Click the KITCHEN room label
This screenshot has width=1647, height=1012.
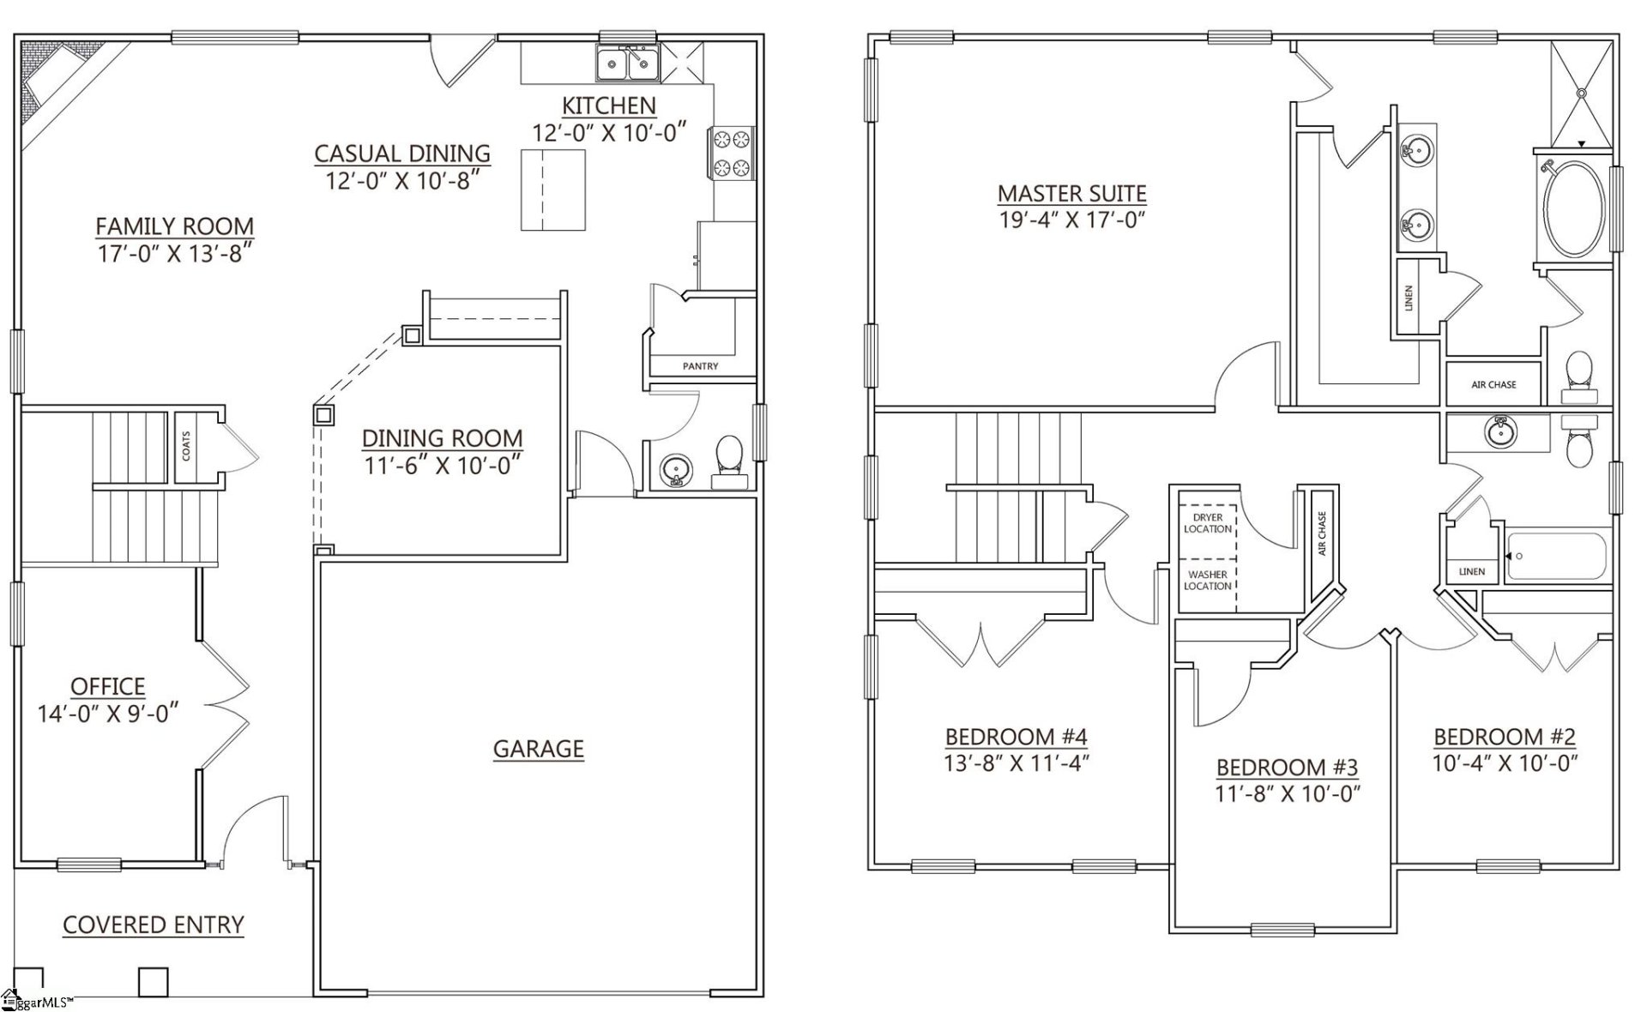pos(609,105)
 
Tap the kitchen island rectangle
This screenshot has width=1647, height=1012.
pos(553,190)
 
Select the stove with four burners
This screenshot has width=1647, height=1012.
pos(731,153)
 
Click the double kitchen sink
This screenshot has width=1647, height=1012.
pos(628,63)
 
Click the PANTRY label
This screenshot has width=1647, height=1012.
pos(700,366)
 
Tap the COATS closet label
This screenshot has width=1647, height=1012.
pos(186,446)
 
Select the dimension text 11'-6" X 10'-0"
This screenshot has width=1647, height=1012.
pos(442,466)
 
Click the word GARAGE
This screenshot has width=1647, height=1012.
pos(538,749)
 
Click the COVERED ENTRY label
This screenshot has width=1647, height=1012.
pos(154,925)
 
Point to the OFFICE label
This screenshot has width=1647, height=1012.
pos(107,686)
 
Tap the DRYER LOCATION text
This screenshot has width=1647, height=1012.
pos(1208,523)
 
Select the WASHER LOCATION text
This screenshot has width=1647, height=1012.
pos(1208,580)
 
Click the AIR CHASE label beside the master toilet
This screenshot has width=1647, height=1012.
pos(1493,384)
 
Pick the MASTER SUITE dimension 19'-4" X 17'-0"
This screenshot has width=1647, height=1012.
pos(1072,220)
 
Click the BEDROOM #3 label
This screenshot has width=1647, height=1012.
pos(1287,767)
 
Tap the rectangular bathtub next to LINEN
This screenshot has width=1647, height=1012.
pos(1558,557)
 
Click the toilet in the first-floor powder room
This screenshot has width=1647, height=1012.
pos(729,455)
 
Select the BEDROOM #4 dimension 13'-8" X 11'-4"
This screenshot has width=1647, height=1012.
pos(1016,763)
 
